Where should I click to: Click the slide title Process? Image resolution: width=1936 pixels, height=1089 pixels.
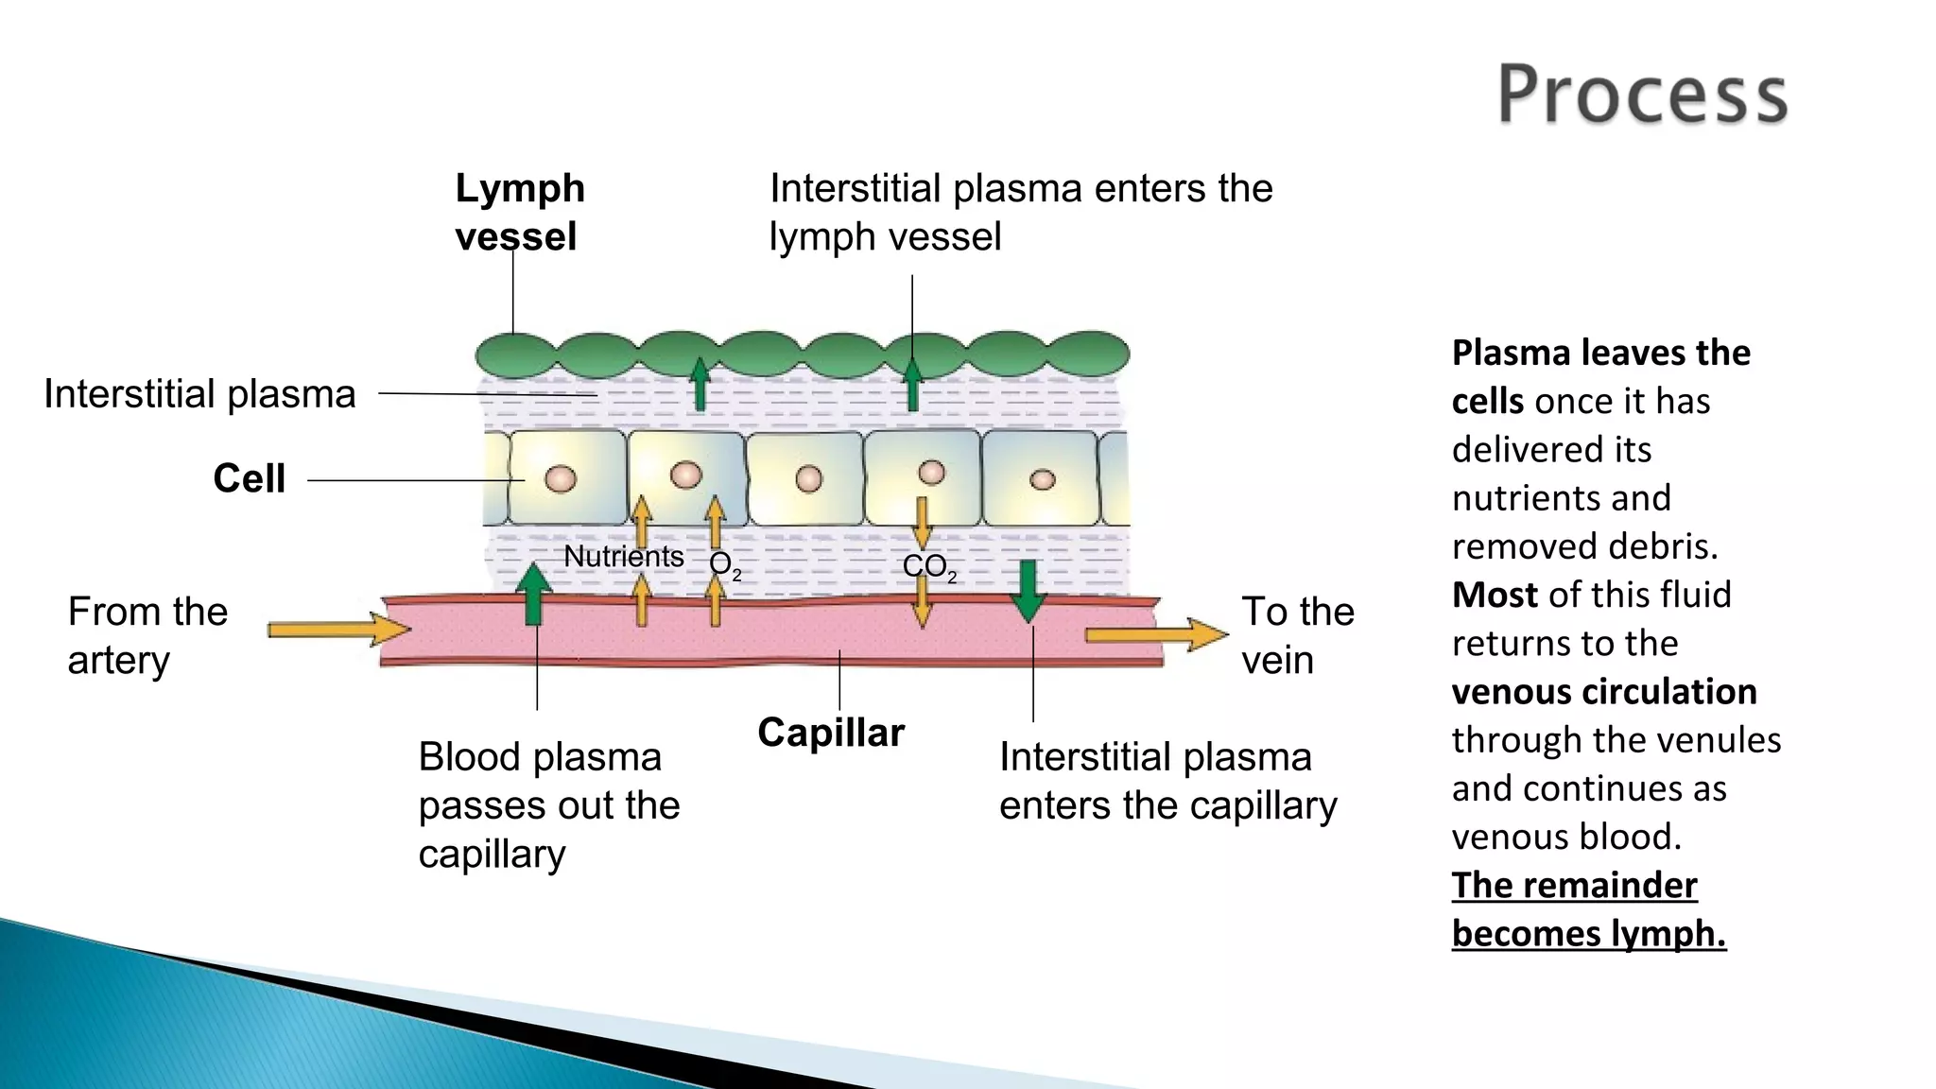pyautogui.click(x=1642, y=95)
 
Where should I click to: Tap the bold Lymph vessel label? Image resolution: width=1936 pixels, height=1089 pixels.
pyautogui.click(x=519, y=212)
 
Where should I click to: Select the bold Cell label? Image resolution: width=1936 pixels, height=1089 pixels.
pyautogui.click(x=249, y=478)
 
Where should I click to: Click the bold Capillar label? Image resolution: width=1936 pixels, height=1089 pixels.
pyautogui.click(x=831, y=734)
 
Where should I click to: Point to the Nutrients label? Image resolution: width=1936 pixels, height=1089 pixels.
pyautogui.click(x=623, y=557)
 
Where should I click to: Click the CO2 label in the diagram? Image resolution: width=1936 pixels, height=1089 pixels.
pyautogui.click(x=928, y=567)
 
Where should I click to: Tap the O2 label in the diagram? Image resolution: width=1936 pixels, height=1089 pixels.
pyautogui.click(x=723, y=565)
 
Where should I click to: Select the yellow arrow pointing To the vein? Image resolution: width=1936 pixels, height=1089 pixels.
pyautogui.click(x=1155, y=634)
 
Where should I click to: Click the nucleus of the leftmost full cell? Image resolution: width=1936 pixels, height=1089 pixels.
pyautogui.click(x=560, y=479)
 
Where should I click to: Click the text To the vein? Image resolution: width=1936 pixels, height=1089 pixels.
pyautogui.click(x=1296, y=635)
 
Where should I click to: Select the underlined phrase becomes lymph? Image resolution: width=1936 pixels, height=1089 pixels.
pyautogui.click(x=1588, y=934)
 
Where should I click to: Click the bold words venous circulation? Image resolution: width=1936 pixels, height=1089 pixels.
pyautogui.click(x=1603, y=692)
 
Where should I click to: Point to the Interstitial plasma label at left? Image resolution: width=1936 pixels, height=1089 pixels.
pyautogui.click(x=199, y=394)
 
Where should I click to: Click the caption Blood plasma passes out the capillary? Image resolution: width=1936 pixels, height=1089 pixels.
pyautogui.click(x=548, y=805)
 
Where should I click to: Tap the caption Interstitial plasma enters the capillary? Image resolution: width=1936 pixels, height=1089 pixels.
pyautogui.click(x=1167, y=782)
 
